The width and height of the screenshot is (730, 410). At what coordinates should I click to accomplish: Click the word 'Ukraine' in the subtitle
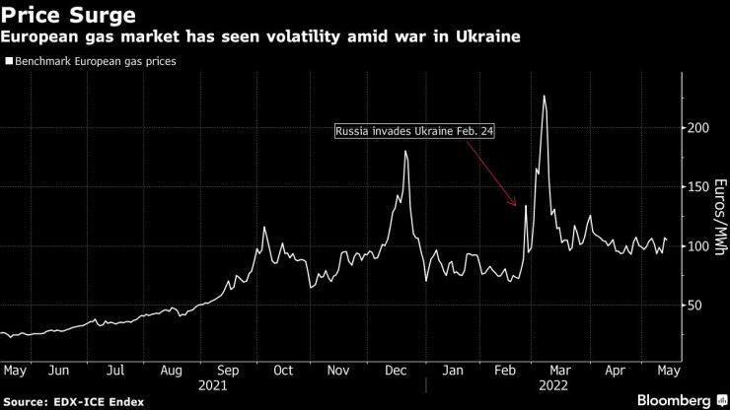(x=486, y=37)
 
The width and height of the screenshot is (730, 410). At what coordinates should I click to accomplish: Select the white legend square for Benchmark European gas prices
(x=9, y=61)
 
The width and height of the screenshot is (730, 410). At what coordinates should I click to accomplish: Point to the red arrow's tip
(x=516, y=206)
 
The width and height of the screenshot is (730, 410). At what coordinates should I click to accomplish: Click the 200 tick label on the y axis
(x=697, y=128)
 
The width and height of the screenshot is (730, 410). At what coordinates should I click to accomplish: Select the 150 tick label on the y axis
(x=697, y=187)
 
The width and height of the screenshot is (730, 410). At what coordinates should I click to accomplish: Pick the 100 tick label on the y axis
(x=697, y=246)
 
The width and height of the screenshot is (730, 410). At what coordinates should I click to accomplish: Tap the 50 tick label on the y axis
(x=694, y=306)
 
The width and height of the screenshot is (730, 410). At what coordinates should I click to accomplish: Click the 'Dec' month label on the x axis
(x=396, y=371)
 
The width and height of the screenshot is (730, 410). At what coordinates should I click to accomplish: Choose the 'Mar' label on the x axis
(x=559, y=371)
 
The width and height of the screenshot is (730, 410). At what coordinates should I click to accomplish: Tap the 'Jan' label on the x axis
(x=452, y=371)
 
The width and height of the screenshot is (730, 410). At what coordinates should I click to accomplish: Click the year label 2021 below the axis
(x=213, y=386)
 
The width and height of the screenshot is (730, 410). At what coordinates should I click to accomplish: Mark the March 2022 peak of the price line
(x=545, y=96)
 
